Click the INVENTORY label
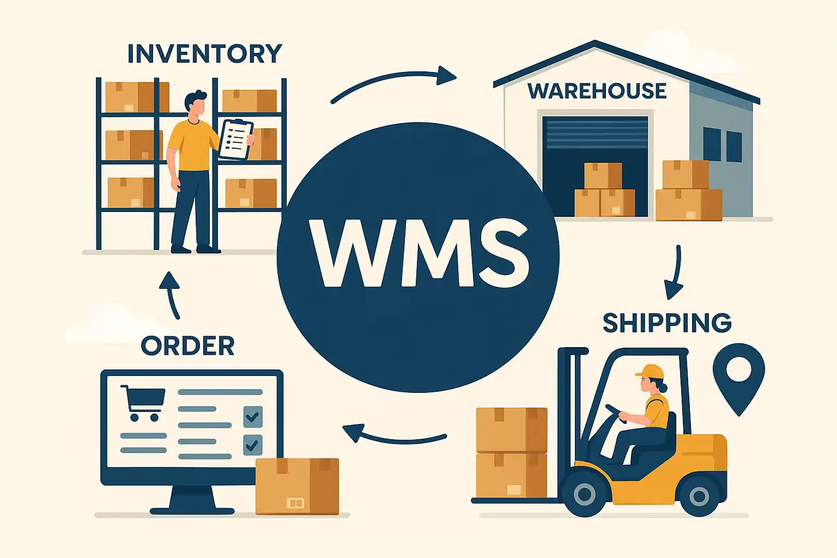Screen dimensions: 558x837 tap(204, 53)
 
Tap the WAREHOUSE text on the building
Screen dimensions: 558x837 tap(597, 91)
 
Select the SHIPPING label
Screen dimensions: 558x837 tap(667, 323)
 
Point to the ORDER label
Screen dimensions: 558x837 tap(187, 345)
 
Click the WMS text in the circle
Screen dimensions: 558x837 tap(418, 253)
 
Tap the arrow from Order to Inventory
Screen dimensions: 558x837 tap(171, 294)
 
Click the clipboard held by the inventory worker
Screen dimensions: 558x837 tap(235, 139)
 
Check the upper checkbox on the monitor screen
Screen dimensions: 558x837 tap(252, 417)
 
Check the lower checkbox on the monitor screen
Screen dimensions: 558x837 tap(252, 445)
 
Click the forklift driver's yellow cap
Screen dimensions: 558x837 tap(651, 372)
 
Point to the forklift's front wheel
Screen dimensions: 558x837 tap(584, 494)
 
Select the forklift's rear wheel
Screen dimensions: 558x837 tap(699, 496)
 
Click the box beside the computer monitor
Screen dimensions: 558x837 tap(297, 486)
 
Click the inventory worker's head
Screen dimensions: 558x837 tap(195, 104)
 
